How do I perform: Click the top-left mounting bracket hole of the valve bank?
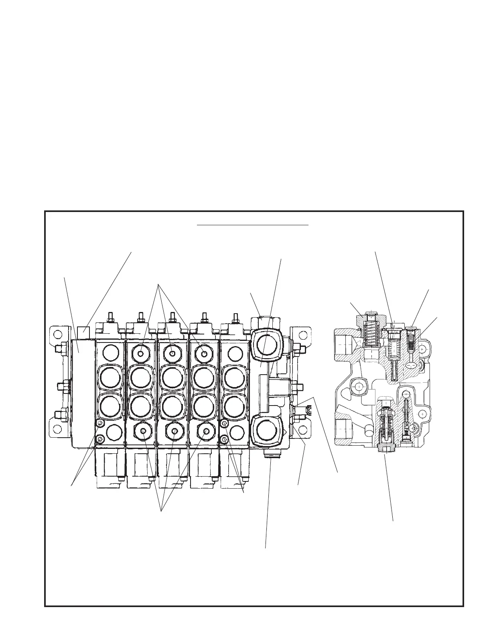click(57, 334)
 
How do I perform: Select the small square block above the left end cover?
click(83, 332)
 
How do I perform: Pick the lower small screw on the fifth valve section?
click(225, 440)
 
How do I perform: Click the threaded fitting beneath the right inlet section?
click(270, 455)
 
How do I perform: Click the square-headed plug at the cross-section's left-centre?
click(359, 386)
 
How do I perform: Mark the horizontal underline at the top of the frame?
click(253, 225)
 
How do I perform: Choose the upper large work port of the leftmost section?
click(110, 377)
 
